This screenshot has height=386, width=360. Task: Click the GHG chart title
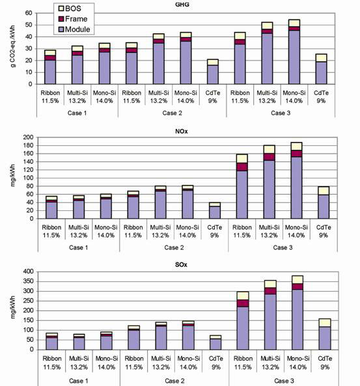tap(182, 4)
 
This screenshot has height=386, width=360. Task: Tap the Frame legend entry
tap(73, 19)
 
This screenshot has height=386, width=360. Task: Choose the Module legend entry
tap(74, 29)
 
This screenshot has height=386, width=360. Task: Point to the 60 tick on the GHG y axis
tap(29, 13)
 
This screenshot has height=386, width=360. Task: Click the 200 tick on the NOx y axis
tap(28, 137)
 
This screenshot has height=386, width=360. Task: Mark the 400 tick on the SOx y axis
tap(28, 271)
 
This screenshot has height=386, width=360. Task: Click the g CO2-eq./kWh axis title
tap(13, 46)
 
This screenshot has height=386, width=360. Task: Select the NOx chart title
tap(181, 131)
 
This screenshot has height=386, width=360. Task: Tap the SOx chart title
tap(181, 265)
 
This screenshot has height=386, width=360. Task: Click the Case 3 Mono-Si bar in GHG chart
tap(294, 51)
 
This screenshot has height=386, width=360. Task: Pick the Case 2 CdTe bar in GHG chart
tap(213, 72)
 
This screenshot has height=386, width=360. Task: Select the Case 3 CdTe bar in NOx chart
tap(324, 202)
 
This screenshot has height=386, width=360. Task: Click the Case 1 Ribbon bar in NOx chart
tap(51, 207)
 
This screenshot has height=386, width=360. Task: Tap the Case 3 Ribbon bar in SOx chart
tap(243, 321)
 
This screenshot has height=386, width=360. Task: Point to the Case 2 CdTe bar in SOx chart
tap(215, 342)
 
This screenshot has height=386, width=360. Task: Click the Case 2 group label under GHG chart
tap(172, 113)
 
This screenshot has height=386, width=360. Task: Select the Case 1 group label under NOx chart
tap(79, 247)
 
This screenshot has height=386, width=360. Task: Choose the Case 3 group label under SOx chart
tap(284, 381)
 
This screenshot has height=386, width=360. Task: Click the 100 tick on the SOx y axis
tap(28, 330)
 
